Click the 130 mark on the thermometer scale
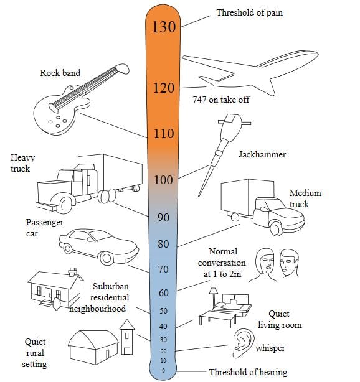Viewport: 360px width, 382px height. (164, 27)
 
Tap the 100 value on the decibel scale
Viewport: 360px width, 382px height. (163, 180)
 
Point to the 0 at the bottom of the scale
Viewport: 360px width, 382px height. (163, 371)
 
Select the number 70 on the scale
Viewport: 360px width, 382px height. (163, 269)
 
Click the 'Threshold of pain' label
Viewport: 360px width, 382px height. (250, 12)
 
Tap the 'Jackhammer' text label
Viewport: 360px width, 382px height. (262, 154)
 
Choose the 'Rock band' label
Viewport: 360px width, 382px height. (60, 73)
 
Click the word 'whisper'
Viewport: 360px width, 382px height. (270, 348)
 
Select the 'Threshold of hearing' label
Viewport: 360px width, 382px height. (249, 372)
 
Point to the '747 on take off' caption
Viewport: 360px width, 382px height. (221, 100)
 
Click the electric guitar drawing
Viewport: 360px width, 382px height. (80, 100)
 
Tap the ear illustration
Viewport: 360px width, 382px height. (242, 343)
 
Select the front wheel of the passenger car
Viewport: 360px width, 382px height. (107, 258)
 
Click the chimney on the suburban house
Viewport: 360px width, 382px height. (73, 272)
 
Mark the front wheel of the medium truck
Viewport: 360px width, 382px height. (277, 228)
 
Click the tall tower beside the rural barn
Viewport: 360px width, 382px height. (127, 337)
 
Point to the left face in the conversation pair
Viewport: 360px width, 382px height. (265, 265)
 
